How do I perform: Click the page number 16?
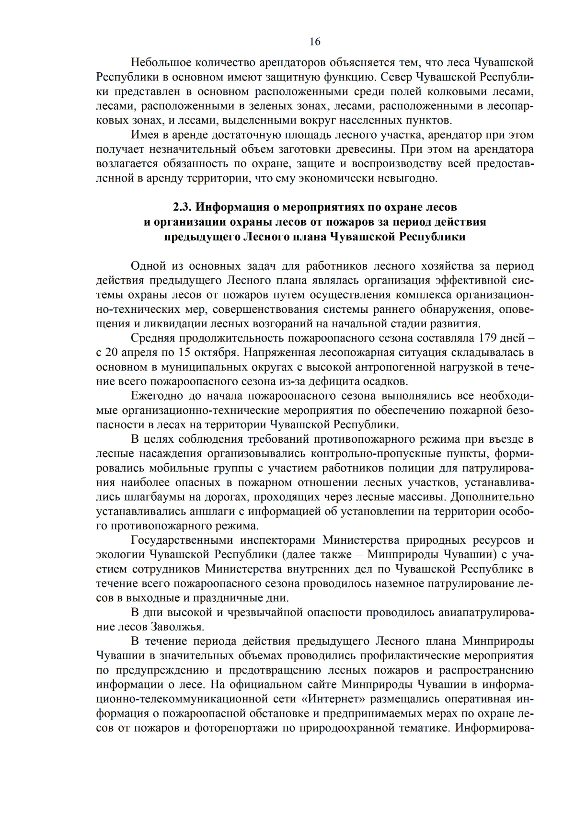(315, 42)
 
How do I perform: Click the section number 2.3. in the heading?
(182, 207)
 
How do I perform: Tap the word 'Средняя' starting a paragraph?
(151, 338)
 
